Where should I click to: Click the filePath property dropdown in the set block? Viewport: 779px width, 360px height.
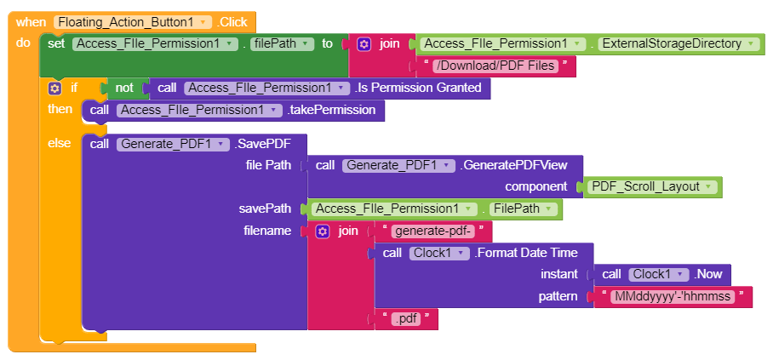click(280, 43)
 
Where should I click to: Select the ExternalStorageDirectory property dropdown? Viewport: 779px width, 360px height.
click(677, 43)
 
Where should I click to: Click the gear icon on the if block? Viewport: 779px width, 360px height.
click(55, 88)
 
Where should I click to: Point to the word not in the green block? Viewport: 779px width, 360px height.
click(124, 88)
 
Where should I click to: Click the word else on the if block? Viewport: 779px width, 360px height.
click(60, 143)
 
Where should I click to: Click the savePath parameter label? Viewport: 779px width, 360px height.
click(265, 209)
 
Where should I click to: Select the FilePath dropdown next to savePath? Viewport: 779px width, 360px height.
click(524, 209)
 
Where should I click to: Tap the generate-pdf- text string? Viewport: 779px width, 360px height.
click(434, 231)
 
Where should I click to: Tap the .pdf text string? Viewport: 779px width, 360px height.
click(407, 319)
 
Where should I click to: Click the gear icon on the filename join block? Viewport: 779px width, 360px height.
click(322, 231)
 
